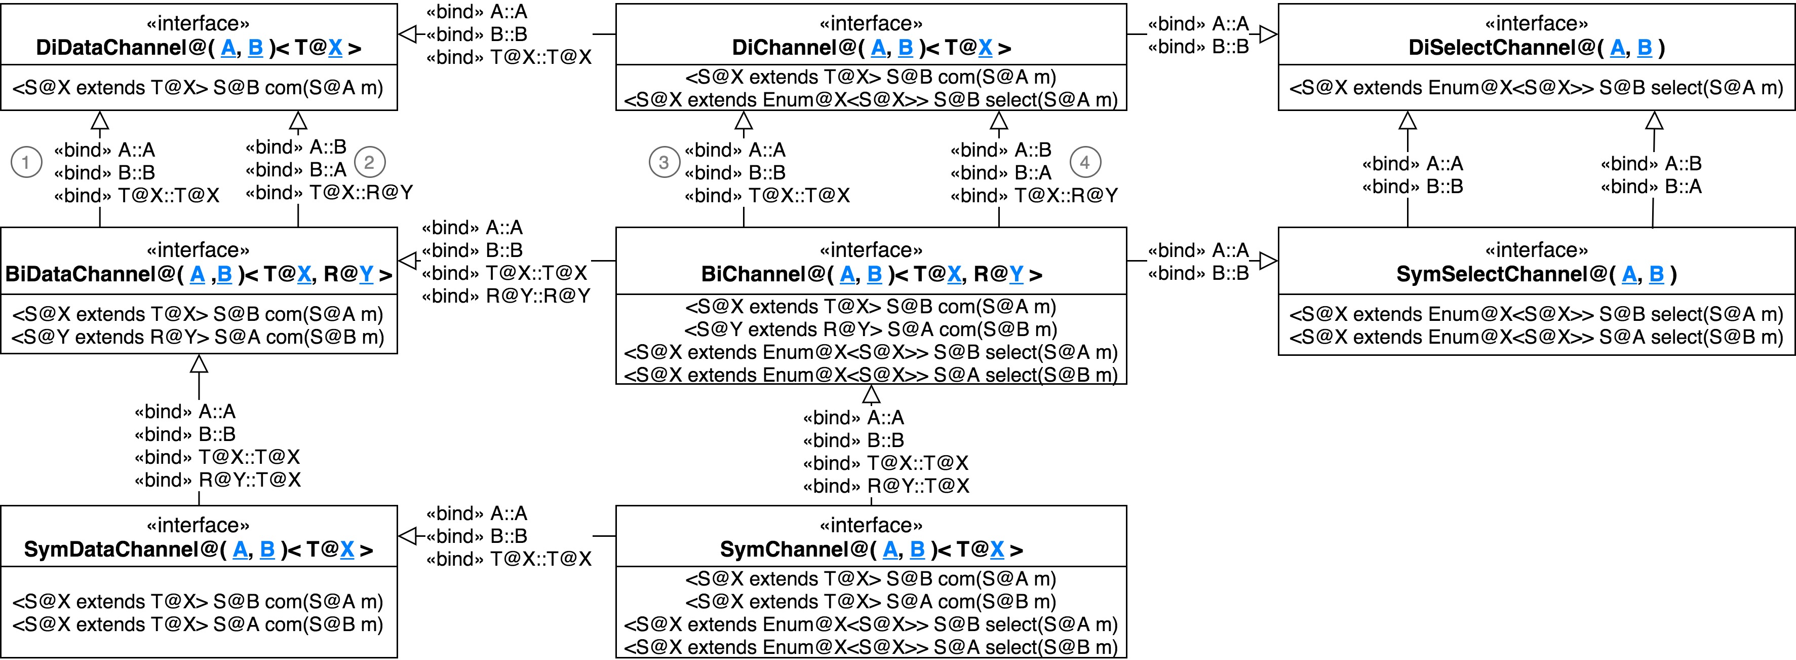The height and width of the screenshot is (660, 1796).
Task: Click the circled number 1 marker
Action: click(x=26, y=163)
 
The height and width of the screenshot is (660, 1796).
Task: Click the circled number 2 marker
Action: click(x=370, y=163)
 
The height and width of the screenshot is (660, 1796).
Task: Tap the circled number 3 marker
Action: click(x=663, y=163)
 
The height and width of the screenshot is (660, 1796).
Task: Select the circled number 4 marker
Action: click(x=1084, y=163)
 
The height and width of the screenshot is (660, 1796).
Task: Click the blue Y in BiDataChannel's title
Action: click(x=366, y=275)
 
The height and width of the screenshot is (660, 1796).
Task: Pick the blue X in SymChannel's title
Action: click(x=997, y=550)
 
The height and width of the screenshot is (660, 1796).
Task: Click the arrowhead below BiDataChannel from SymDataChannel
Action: click(x=200, y=363)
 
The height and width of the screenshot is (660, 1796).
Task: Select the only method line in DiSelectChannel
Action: click(x=1537, y=88)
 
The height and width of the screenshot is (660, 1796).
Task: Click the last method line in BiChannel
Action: click(x=871, y=375)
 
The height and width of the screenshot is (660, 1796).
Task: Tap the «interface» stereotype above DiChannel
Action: click(x=871, y=24)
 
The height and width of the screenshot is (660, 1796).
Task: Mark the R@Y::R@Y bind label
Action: click(x=537, y=297)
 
